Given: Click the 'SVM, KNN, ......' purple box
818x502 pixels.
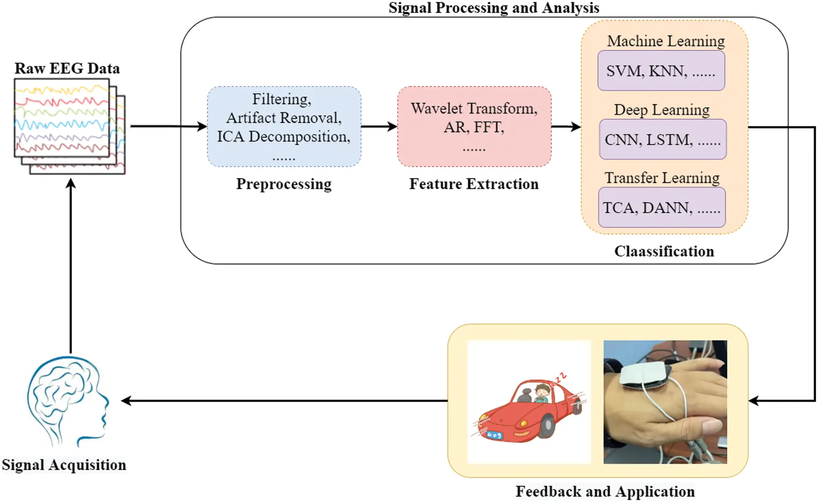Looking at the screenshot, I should (x=661, y=71).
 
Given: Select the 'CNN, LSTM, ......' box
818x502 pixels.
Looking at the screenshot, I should (x=662, y=139).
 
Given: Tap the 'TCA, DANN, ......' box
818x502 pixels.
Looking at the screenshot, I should (x=661, y=208).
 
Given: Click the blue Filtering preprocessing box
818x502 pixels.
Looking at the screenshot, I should (x=284, y=127).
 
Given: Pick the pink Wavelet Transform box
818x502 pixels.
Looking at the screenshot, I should (x=474, y=127).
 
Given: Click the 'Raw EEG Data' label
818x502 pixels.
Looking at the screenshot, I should (x=67, y=68).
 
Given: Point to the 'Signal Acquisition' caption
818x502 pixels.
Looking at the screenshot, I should (x=64, y=465).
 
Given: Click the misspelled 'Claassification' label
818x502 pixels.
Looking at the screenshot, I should (x=664, y=251).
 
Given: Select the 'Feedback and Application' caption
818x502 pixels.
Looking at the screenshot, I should (x=605, y=491).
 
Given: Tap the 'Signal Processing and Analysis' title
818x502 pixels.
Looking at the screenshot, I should (x=494, y=7).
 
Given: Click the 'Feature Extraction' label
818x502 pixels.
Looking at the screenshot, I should (x=474, y=184).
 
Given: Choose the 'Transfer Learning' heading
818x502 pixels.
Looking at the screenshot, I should (x=662, y=178).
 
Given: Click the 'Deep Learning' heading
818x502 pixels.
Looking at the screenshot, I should (x=661, y=110).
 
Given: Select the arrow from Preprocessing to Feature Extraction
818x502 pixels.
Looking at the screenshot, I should (x=379, y=126).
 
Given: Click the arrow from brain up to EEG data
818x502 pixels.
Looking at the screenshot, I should (x=71, y=266).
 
